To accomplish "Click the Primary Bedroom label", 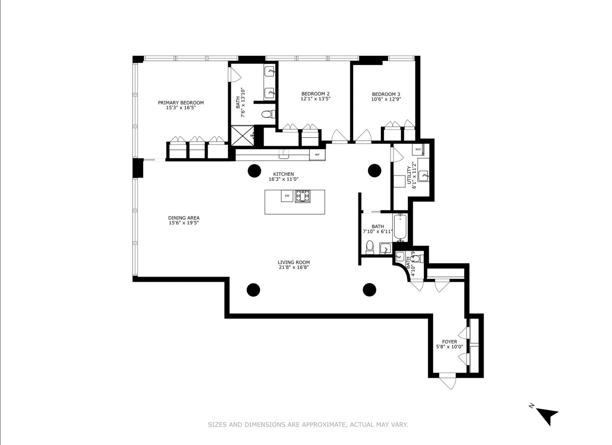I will [x=181, y=103].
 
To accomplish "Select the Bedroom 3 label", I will [x=386, y=94].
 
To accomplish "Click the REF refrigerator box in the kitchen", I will [x=317, y=155].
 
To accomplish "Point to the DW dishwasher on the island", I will [x=287, y=196].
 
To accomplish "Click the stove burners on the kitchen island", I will [x=303, y=196].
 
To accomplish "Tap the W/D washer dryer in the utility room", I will [x=418, y=149].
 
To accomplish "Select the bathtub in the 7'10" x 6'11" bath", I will [x=400, y=227].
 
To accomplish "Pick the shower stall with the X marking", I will [x=241, y=136].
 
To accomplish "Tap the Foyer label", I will [x=450, y=342].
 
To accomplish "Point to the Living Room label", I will [x=294, y=262].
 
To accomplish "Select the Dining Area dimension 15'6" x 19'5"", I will [x=184, y=223].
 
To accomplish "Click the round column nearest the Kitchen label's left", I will [x=254, y=171].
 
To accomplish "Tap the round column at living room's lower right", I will [x=369, y=290].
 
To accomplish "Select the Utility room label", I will [x=409, y=175].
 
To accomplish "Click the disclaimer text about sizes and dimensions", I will [x=308, y=425].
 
